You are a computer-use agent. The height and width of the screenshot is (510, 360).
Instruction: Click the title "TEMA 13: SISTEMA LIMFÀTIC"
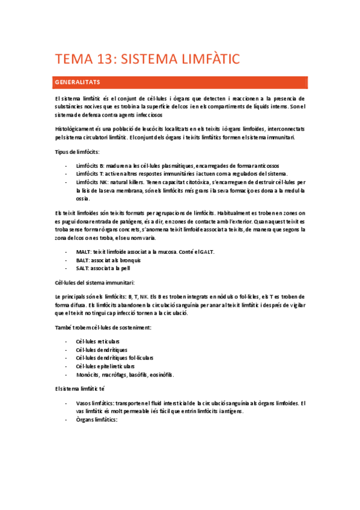click(147, 58)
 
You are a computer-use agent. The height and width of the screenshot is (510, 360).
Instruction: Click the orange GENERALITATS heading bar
click(180, 82)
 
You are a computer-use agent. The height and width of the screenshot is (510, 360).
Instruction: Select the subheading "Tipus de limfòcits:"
click(77, 152)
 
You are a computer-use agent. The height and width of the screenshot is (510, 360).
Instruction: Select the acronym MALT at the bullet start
click(84, 251)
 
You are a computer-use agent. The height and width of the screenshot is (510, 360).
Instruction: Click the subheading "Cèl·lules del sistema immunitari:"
click(94, 283)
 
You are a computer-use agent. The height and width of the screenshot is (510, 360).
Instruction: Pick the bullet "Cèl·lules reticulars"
click(97, 341)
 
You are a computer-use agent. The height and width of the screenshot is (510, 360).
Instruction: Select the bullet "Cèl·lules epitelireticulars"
click(105, 366)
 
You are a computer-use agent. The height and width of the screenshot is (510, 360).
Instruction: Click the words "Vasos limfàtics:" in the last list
click(94, 403)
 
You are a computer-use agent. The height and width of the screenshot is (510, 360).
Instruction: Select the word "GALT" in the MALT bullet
click(206, 251)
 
